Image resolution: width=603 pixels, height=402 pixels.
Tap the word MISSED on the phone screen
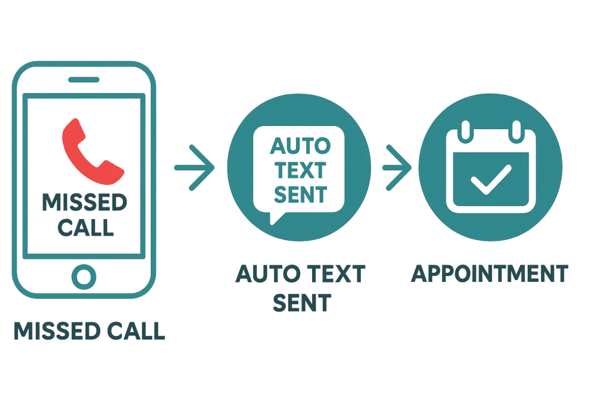point(84,203)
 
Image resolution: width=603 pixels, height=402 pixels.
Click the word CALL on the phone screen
point(85,227)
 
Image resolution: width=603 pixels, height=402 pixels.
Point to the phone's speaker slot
point(84,80)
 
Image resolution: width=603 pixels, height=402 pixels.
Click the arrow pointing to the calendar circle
point(397,168)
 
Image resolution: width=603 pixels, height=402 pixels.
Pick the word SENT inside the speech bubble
point(300,194)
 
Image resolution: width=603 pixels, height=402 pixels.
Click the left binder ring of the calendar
point(465,132)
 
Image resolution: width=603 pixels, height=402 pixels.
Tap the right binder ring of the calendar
point(517,132)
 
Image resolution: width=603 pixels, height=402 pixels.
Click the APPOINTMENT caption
point(490,274)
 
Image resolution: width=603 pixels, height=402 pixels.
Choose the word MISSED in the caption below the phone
point(56,331)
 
